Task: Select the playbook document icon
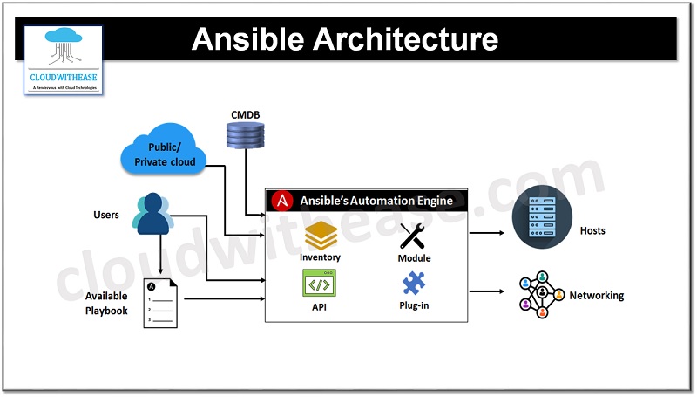(160, 303)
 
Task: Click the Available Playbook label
(106, 303)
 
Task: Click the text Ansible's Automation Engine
(376, 201)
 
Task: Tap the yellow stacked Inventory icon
(320, 236)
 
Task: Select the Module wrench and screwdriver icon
(414, 236)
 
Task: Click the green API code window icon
(320, 284)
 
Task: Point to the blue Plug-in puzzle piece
(414, 284)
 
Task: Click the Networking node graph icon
(541, 296)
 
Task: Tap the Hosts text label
(592, 231)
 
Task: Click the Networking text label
(597, 296)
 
